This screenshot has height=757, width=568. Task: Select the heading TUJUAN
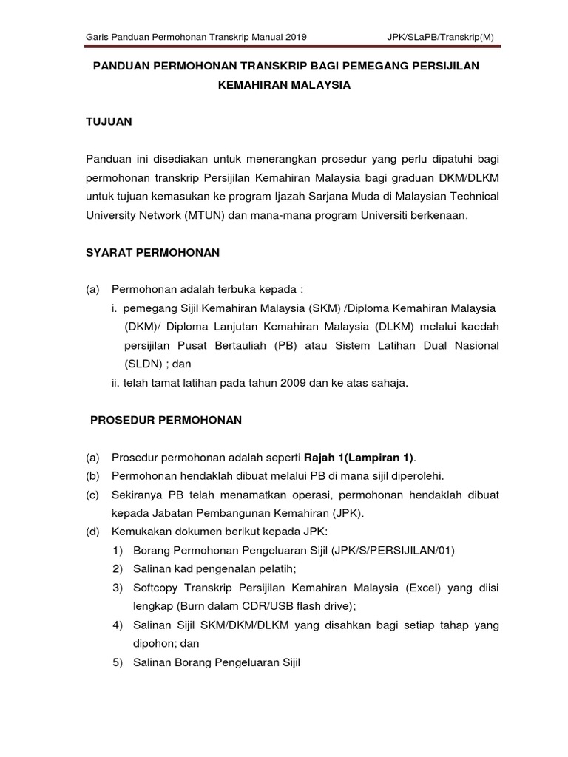point(109,123)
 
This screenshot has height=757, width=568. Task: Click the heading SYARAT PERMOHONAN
point(153,252)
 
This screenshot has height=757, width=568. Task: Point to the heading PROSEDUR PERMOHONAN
point(166,420)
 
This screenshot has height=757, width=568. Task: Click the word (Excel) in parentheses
point(423,588)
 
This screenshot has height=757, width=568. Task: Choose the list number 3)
point(118,588)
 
